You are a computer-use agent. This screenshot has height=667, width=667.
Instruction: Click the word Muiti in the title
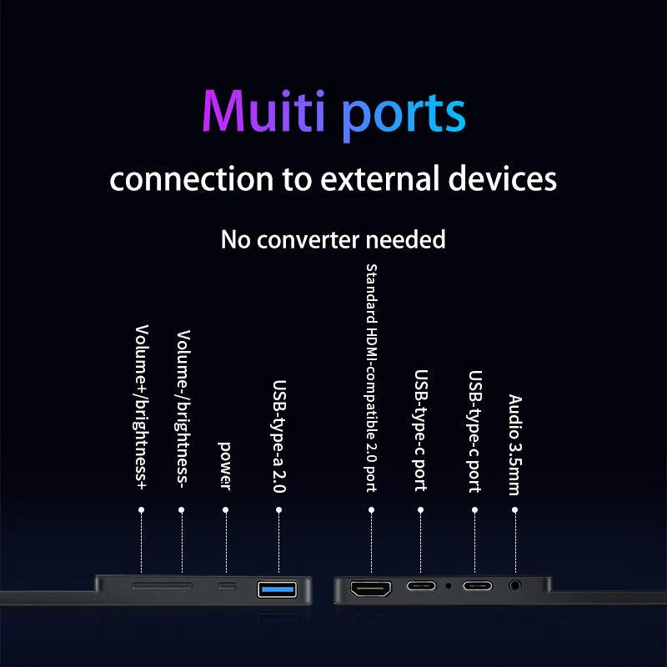coord(263,111)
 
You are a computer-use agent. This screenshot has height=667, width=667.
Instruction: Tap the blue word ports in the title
coord(404,116)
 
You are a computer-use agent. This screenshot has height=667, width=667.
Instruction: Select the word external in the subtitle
coord(380,178)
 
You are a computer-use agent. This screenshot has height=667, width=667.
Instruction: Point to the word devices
coord(503,178)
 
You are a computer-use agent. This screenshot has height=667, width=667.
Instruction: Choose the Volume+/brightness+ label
coord(142,407)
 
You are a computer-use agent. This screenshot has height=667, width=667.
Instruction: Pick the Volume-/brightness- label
coord(183,409)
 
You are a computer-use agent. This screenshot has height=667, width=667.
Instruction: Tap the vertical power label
coord(224,466)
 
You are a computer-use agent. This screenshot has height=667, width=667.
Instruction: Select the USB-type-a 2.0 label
coord(279,436)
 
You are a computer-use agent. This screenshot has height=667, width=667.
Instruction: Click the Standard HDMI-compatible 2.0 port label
coord(371,379)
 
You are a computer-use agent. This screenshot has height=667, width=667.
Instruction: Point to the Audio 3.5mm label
coord(514,445)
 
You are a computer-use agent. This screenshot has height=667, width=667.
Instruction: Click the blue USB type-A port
coord(277,589)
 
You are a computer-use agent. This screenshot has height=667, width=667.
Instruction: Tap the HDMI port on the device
coord(370,589)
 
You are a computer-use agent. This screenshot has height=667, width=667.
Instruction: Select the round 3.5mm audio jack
coord(514,586)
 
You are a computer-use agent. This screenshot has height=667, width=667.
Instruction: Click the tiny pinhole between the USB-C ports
coord(448,586)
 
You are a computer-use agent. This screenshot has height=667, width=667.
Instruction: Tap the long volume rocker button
coord(162,586)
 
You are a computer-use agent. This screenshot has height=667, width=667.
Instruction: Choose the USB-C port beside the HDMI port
coord(421,586)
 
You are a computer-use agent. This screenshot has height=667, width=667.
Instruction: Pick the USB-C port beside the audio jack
coord(477,586)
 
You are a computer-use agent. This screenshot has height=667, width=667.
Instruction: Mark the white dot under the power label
coord(225,509)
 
